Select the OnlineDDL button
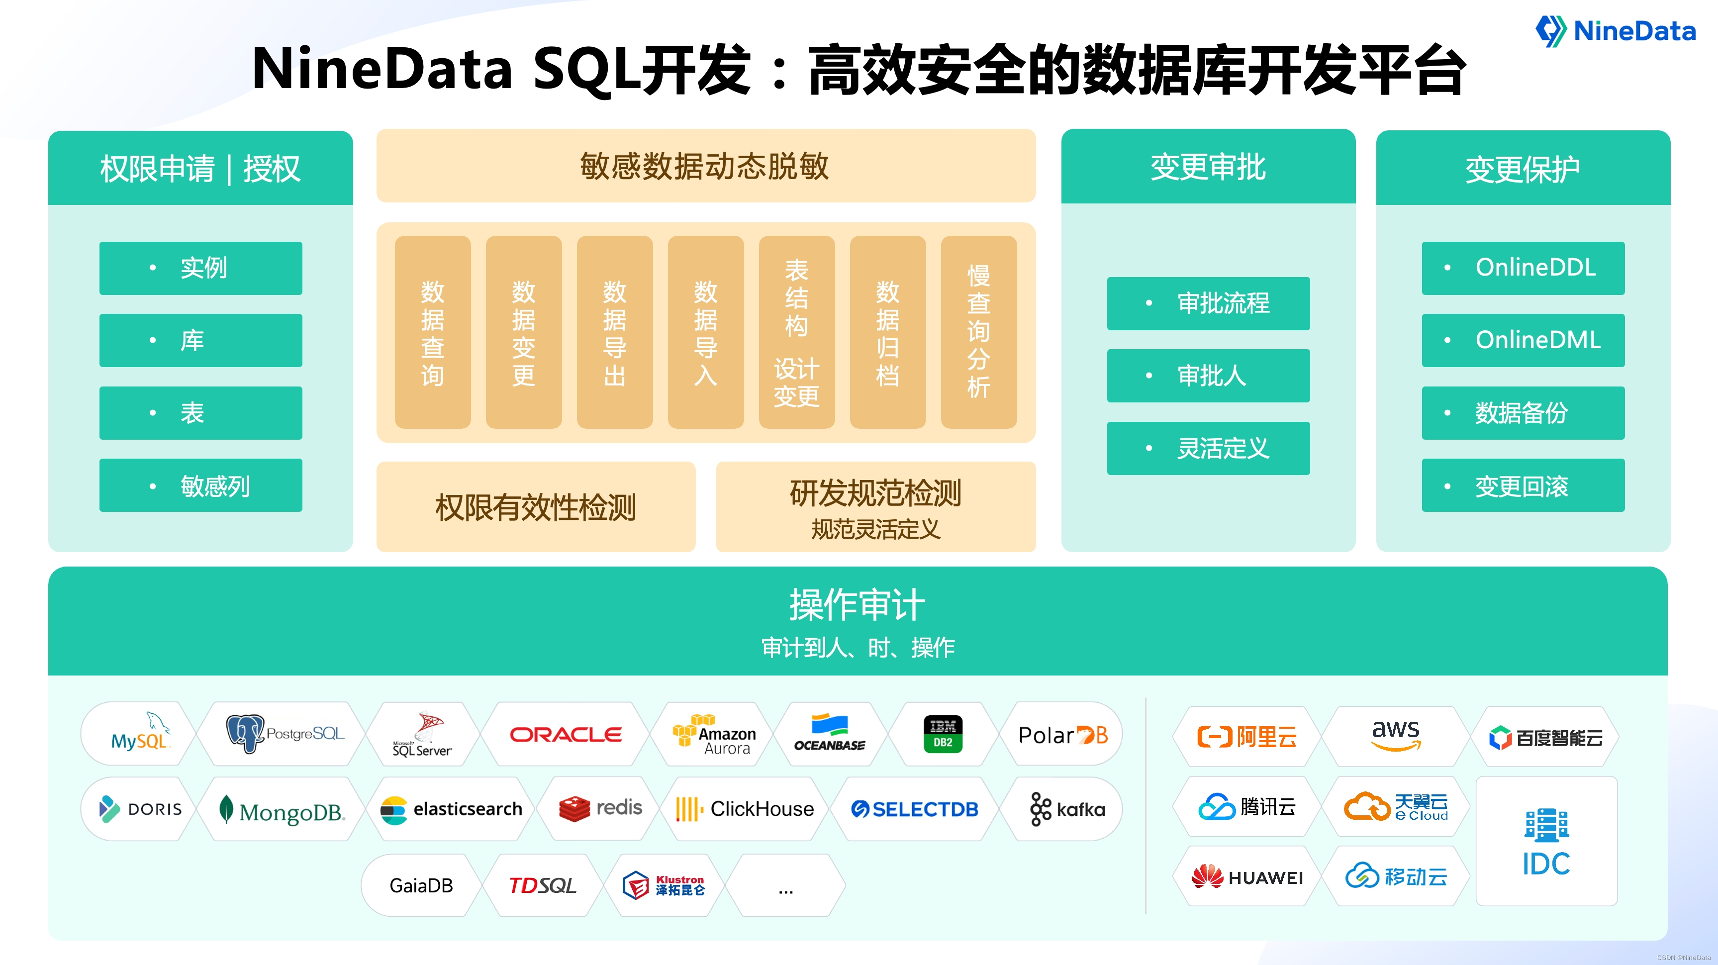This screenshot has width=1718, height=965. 1523,268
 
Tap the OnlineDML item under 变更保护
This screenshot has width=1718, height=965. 1523,340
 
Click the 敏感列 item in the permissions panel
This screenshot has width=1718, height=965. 201,485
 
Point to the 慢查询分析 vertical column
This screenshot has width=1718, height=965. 978,332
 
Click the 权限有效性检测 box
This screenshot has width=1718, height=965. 536,507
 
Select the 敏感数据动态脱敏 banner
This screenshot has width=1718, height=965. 706,166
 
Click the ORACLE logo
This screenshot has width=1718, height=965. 566,734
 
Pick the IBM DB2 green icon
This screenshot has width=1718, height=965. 943,734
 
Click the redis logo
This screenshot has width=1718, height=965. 600,809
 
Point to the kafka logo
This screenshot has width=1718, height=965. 1067,809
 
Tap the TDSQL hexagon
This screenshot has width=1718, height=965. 542,885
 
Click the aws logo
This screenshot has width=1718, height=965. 1395,735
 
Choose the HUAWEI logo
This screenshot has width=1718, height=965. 1246,877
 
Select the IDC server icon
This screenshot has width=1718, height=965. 1546,826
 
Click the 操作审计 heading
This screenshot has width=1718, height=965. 857,605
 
